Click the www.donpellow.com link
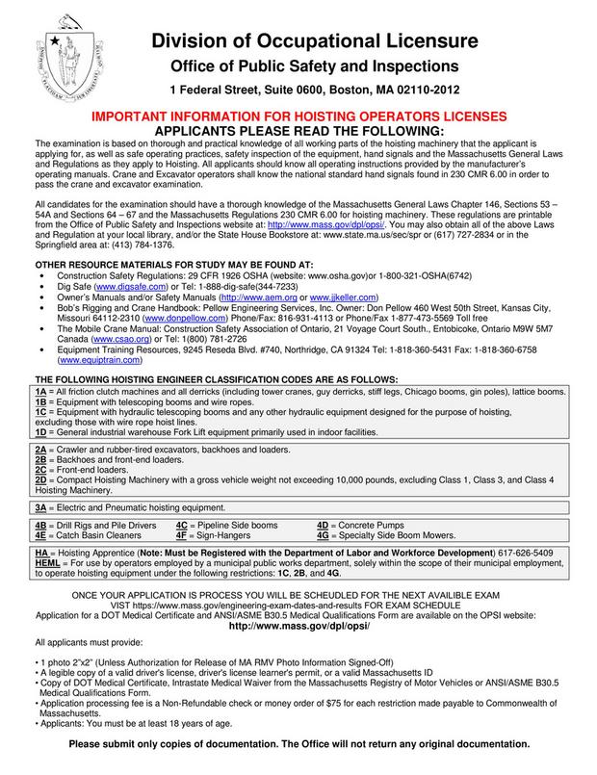(x=176, y=319)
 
